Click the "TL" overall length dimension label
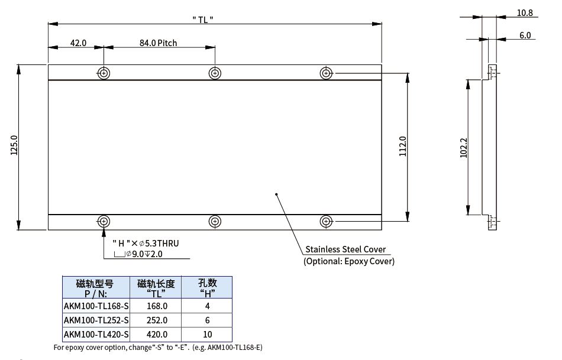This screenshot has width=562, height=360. (203, 19)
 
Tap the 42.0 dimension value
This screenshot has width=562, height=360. (78, 43)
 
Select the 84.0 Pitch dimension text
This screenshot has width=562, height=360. (158, 43)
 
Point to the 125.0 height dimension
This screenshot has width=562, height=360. (14, 145)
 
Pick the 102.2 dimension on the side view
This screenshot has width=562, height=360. (464, 148)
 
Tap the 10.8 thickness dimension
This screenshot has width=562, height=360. (525, 12)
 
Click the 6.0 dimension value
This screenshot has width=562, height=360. (525, 35)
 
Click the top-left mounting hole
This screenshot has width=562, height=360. (104, 73)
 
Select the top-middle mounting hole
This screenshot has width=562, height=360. (215, 73)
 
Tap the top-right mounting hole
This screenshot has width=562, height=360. (325, 73)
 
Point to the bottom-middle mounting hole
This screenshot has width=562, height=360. (215, 221)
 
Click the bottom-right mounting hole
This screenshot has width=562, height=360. (325, 221)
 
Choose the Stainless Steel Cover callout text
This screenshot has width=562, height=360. (345, 249)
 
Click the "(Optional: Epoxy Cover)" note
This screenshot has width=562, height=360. (349, 261)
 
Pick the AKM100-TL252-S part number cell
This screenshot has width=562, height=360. (96, 320)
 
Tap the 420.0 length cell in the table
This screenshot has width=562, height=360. (157, 334)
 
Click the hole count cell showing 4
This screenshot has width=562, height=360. (207, 306)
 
